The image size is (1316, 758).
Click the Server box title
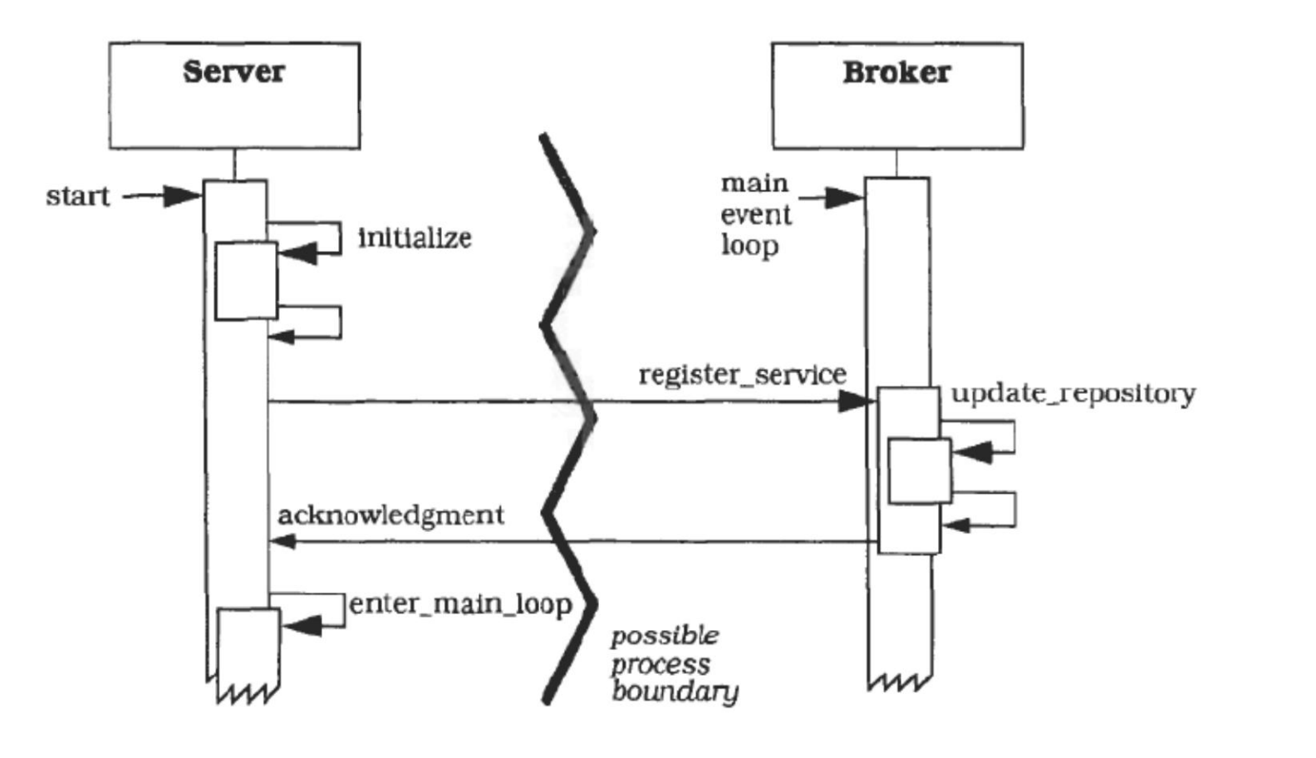(x=233, y=71)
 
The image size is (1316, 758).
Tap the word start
(x=77, y=195)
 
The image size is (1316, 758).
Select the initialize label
(x=415, y=238)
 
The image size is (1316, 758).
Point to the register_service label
(x=743, y=375)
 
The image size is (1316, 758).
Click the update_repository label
(x=1073, y=393)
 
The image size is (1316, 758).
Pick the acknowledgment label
(x=390, y=516)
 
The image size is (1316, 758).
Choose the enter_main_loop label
(x=460, y=604)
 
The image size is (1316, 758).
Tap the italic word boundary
(x=675, y=692)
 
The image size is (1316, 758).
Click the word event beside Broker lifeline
(x=755, y=215)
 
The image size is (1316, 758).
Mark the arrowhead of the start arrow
(x=182, y=196)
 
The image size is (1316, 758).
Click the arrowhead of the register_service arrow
(x=856, y=402)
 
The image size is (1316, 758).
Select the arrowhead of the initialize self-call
(x=298, y=253)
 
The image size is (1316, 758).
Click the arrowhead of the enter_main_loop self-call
(x=302, y=626)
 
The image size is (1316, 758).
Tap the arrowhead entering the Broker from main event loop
(x=844, y=198)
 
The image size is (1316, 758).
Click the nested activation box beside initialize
(x=246, y=281)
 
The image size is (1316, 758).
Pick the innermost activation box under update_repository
(x=920, y=470)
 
